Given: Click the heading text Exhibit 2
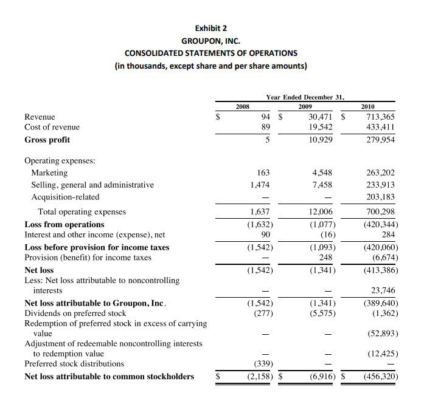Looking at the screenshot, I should tap(211, 28).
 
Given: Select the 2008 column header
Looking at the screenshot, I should tap(243, 106).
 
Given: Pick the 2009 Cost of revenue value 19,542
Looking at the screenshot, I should tap(320, 128).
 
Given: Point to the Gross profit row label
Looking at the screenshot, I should tap(47, 140).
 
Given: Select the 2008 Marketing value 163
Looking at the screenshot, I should tap(263, 173).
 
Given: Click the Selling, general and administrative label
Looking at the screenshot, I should tap(92, 185).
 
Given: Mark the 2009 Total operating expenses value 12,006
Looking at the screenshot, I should tap(320, 212).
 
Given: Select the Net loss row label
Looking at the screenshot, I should tap(39, 270).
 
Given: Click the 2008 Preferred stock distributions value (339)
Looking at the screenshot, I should tap(262, 364).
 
